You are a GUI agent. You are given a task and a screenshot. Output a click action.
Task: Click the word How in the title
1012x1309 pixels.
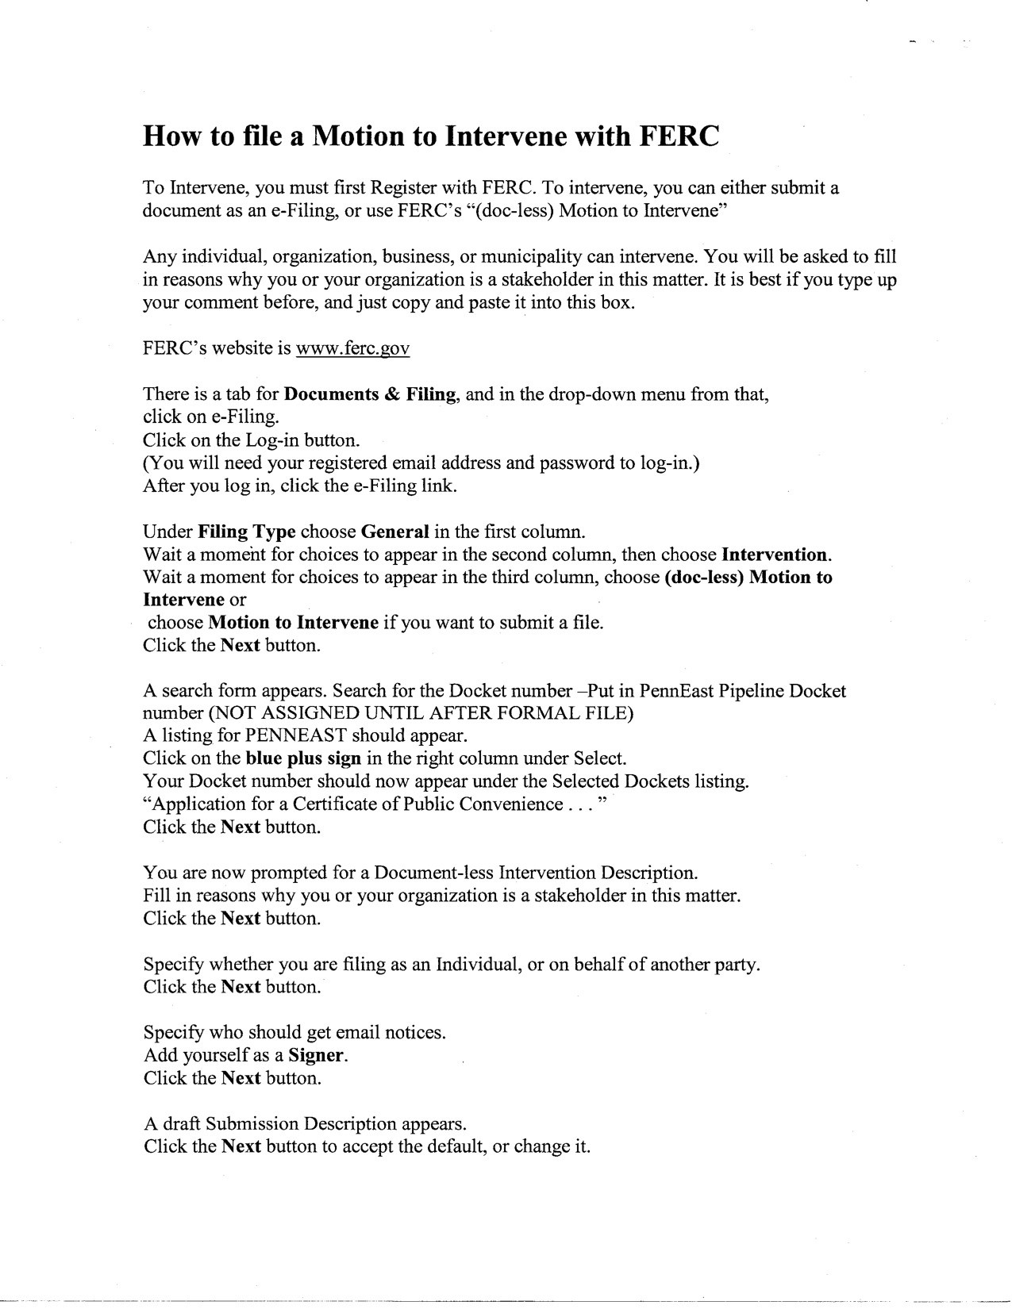171,136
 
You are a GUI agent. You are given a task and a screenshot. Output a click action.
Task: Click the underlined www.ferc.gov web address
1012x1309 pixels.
352,348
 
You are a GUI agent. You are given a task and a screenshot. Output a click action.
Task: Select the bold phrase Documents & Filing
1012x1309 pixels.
370,394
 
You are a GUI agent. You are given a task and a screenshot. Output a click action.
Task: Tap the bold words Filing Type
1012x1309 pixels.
247,531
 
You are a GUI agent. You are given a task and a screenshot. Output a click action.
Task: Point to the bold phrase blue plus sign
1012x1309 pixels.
304,758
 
